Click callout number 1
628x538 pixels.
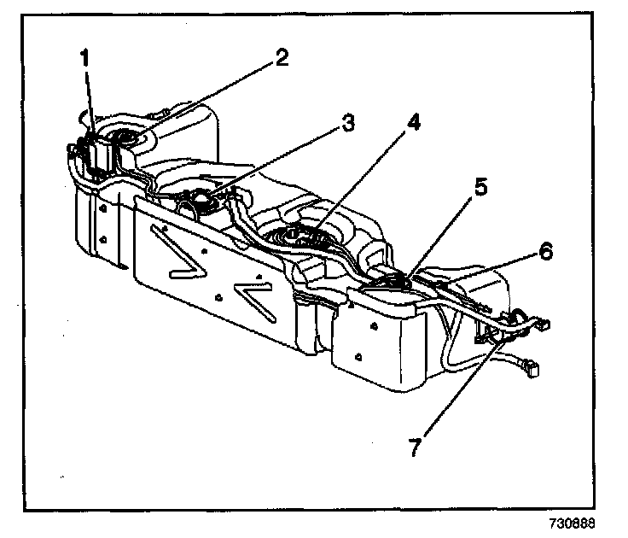[84, 59]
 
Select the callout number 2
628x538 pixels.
[282, 58]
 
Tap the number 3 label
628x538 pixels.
[346, 124]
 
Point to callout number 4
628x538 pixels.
[413, 123]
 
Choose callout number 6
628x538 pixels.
[545, 251]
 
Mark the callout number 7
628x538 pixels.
[415, 447]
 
